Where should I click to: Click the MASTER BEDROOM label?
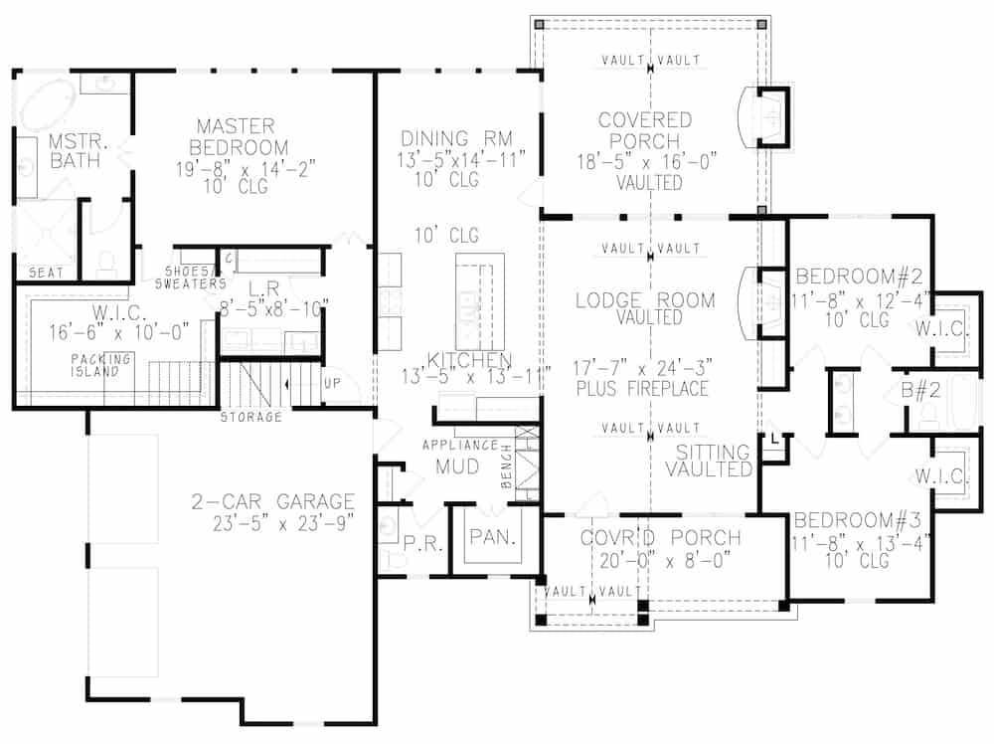[235, 136]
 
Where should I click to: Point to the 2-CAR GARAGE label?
[273, 502]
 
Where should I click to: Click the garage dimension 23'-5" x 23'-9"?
[273, 524]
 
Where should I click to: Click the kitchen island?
[479, 297]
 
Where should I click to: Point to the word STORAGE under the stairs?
[250, 417]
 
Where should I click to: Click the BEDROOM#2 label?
[859, 275]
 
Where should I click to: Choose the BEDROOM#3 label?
[859, 520]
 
